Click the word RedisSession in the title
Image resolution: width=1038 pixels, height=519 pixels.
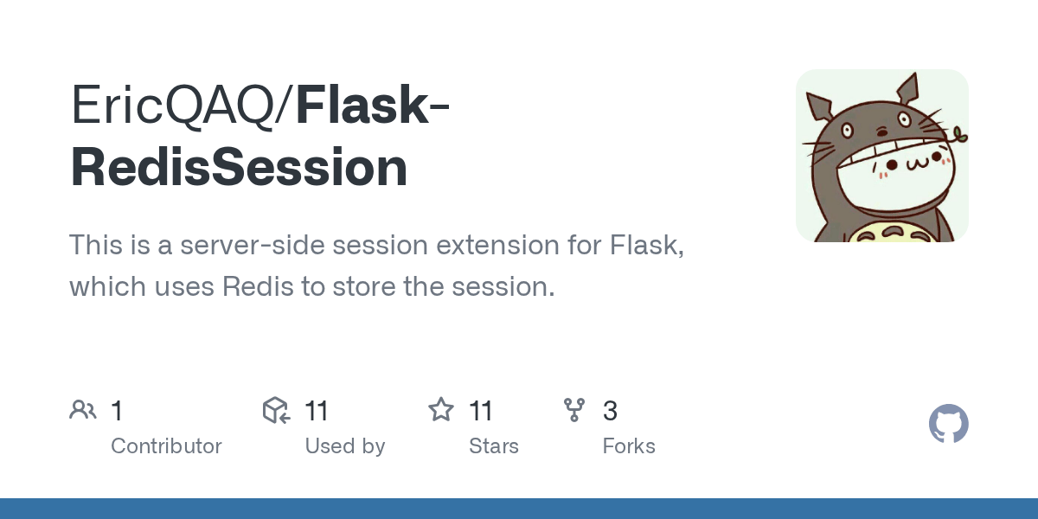(239, 168)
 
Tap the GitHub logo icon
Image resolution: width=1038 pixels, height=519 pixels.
(948, 424)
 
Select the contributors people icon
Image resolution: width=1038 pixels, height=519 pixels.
(83, 410)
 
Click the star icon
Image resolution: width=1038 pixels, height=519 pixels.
(441, 410)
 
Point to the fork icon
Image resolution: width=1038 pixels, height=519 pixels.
(574, 410)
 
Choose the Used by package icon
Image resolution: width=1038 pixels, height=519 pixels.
(276, 410)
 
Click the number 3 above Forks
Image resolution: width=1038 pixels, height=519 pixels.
(610, 411)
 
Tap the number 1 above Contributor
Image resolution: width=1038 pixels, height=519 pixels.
(117, 411)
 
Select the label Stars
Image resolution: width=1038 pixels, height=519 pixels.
(494, 446)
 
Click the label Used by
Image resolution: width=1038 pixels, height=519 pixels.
(345, 446)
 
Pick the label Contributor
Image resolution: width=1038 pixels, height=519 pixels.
(166, 446)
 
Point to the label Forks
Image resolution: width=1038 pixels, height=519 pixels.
(629, 446)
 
